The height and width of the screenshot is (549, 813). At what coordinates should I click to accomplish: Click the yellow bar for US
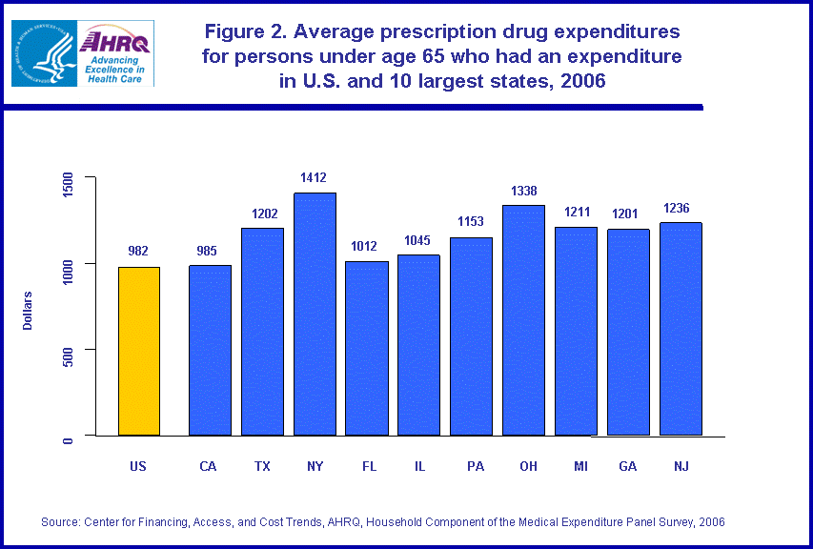138,351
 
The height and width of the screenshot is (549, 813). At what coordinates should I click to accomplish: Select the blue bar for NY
315,314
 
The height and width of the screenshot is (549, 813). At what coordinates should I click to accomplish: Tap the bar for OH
524,320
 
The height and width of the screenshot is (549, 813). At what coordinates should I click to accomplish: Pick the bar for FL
367,348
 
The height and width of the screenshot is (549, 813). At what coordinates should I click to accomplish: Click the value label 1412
315,177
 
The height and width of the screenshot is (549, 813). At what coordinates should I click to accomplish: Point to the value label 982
138,251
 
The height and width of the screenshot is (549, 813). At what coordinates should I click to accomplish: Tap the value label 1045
419,240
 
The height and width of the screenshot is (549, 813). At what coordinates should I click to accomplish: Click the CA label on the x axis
208,466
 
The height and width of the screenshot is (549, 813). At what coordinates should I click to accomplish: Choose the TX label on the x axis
261,466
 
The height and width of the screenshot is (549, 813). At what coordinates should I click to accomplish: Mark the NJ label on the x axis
681,466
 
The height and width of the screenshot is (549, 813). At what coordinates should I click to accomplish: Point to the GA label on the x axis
628,466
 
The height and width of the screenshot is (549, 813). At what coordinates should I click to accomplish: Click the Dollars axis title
29,311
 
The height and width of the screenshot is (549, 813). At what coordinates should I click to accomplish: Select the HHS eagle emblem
43,53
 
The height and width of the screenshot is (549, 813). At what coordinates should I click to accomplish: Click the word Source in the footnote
60,521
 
